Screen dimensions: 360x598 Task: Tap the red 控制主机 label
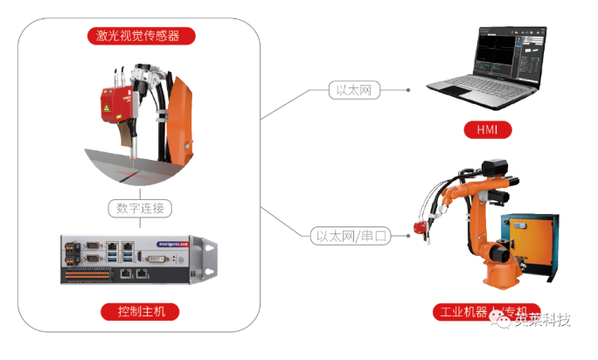click(x=140, y=311)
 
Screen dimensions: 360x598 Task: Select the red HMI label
click(x=486, y=132)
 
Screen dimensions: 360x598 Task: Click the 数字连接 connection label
click(x=140, y=208)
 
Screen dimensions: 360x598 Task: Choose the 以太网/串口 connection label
click(x=352, y=235)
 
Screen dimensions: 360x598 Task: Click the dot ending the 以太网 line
click(x=409, y=89)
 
